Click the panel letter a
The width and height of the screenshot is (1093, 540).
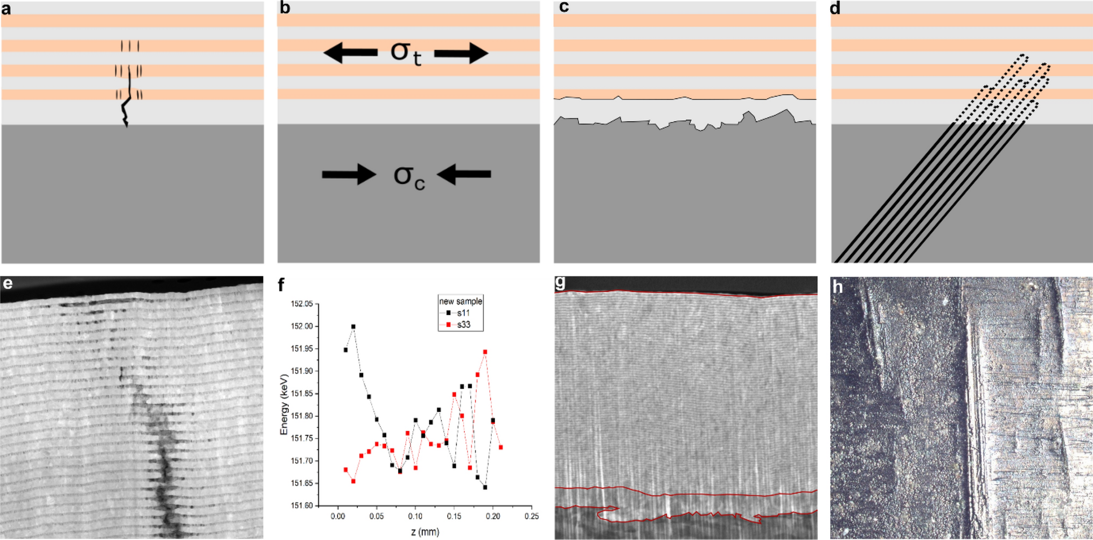6,9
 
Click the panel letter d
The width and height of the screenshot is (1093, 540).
836,9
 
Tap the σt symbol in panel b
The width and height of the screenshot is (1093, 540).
406,53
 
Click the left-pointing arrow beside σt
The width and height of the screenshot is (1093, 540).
350,53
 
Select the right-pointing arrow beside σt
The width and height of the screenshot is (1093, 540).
461,53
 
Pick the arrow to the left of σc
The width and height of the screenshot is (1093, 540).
349,174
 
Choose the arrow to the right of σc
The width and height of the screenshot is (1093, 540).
464,174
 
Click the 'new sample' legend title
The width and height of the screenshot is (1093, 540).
461,301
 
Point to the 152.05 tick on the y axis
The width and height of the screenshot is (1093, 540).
302,304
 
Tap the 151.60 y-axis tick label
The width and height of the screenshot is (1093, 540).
302,506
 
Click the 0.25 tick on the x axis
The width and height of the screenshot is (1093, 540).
531,516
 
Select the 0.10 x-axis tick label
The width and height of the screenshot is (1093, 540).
415,516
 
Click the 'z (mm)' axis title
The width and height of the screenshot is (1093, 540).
425,532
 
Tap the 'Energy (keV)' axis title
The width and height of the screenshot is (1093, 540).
284,404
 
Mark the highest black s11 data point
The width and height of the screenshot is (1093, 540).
353,327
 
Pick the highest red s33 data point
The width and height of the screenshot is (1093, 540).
485,352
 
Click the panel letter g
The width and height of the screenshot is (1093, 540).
560,282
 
